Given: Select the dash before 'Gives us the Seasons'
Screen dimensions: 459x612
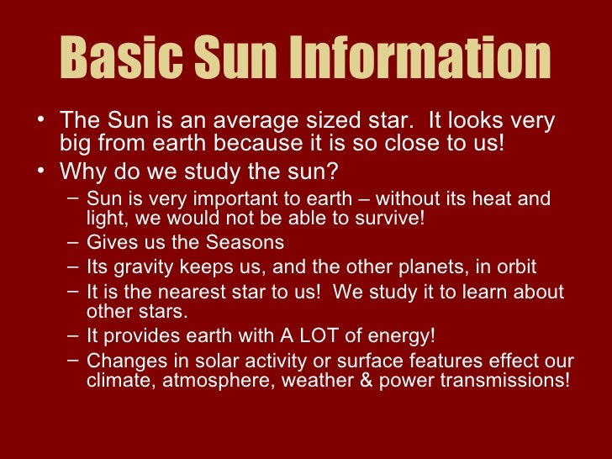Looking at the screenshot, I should coord(73,243).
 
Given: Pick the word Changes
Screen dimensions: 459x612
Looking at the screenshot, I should coord(121,362).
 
